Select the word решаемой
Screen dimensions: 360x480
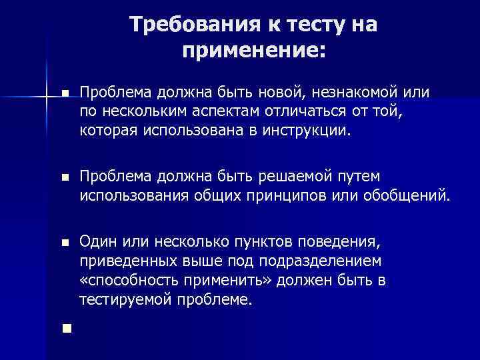tap(305, 176)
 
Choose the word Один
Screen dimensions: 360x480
tap(95, 242)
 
